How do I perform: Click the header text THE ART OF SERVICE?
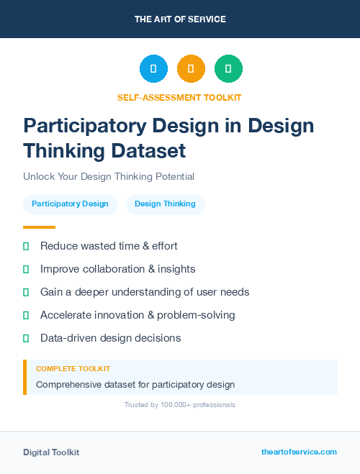click(x=180, y=19)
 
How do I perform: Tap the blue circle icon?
click(x=153, y=69)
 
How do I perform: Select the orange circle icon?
click(x=191, y=69)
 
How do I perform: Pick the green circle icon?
click(x=228, y=69)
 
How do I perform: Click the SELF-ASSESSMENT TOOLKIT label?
click(x=180, y=97)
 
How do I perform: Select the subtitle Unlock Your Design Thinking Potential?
click(x=109, y=176)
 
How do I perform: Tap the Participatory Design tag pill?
click(x=70, y=204)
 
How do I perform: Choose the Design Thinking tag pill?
click(x=165, y=204)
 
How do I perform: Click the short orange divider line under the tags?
click(x=39, y=227)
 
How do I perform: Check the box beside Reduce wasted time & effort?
click(x=26, y=246)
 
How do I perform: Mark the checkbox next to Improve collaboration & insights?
click(x=26, y=269)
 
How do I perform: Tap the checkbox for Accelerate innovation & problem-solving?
click(x=26, y=315)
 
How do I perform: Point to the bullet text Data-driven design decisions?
click(x=110, y=338)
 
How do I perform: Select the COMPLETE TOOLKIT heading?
click(x=73, y=368)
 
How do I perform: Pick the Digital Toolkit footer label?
click(x=51, y=452)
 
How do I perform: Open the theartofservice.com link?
click(x=299, y=452)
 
